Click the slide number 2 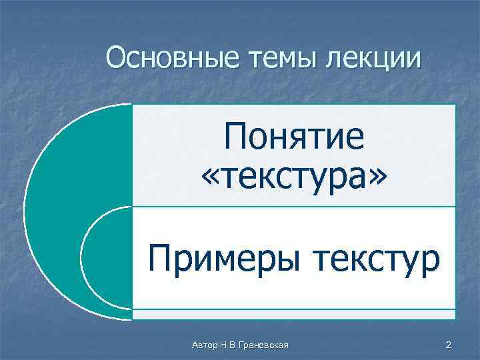448,345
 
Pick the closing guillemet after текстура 377,177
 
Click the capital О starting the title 116,58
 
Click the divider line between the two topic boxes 294,207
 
